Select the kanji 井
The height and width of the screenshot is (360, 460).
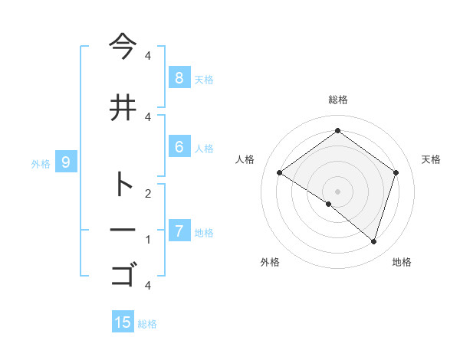(x=122, y=107)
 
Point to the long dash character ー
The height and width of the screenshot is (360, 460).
(x=122, y=229)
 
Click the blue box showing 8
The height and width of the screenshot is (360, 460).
(x=179, y=77)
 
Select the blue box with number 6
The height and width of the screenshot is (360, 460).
(x=179, y=147)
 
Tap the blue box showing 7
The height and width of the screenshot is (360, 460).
(x=179, y=231)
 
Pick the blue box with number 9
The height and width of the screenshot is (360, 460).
(x=66, y=162)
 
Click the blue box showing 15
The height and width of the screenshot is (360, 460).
(x=123, y=322)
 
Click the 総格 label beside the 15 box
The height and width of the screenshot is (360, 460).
(x=147, y=324)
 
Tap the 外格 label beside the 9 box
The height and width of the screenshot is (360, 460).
(x=41, y=163)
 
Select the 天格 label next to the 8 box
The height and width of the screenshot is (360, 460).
(x=203, y=79)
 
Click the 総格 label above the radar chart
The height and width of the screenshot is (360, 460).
(x=337, y=100)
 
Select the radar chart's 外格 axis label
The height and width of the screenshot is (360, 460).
(x=270, y=262)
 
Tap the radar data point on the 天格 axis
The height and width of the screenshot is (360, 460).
(x=396, y=173)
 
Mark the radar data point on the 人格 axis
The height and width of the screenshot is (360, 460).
(x=280, y=173)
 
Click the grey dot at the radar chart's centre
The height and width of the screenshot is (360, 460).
(x=337, y=190)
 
